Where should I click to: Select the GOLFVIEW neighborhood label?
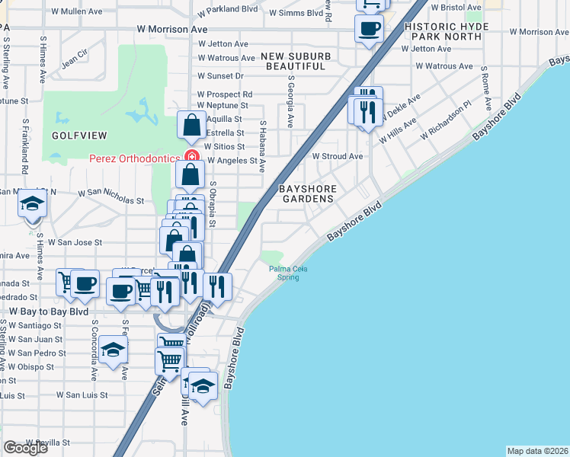point(80,135)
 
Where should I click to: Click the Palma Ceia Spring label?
point(283,273)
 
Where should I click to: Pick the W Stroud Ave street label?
point(338,156)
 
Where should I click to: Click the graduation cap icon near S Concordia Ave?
point(113,350)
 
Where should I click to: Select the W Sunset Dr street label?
point(220,76)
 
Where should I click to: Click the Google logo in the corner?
point(25,448)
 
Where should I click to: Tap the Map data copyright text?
point(537,451)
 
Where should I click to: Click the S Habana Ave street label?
point(261,146)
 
